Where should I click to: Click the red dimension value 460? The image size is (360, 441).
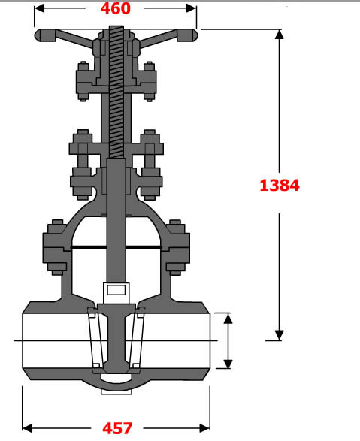pyautogui.click(x=115, y=9)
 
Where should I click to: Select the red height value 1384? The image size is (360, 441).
pyautogui.click(x=280, y=184)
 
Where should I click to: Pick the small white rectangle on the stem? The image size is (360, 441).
pyautogui.click(x=116, y=289)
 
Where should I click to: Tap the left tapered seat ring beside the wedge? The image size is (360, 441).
pyautogui.click(x=94, y=338)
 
